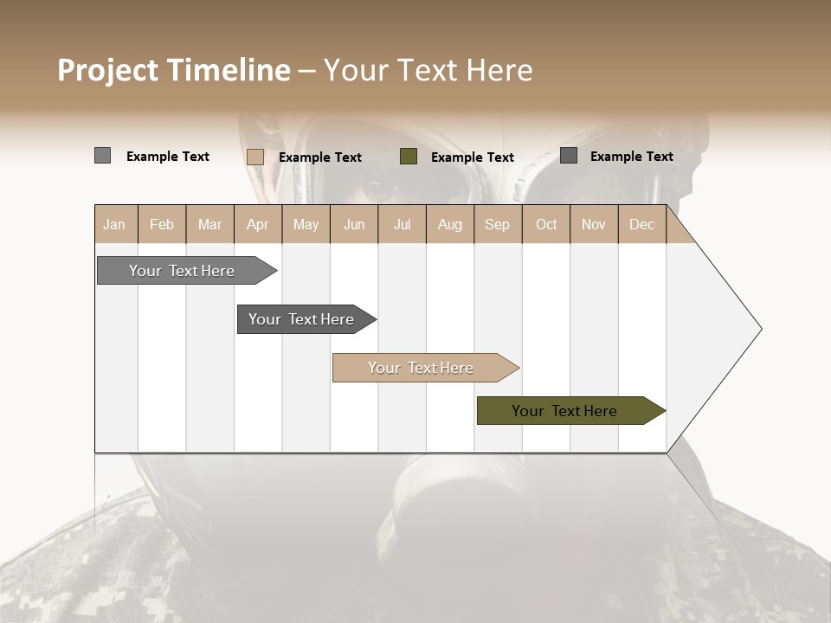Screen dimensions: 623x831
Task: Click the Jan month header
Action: [x=115, y=224]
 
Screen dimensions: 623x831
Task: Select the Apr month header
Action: [x=258, y=224]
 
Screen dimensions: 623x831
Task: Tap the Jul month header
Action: [x=402, y=224]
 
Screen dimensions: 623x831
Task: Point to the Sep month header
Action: [x=497, y=224]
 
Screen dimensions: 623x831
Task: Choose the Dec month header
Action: [x=641, y=224]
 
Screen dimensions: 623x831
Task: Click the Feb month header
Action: [x=162, y=224]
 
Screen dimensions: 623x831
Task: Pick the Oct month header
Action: [x=546, y=224]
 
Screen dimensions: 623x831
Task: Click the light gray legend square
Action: [x=102, y=156]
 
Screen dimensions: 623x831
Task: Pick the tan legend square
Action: [x=255, y=157]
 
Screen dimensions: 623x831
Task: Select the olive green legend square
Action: [x=409, y=157]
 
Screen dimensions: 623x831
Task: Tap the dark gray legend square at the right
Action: [x=569, y=156]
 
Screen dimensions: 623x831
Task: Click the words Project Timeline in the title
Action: [x=174, y=70]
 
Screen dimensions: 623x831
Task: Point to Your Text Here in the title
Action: [x=428, y=70]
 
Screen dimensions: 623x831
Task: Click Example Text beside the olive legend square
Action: [x=473, y=157]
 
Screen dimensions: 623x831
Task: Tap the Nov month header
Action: [x=594, y=224]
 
